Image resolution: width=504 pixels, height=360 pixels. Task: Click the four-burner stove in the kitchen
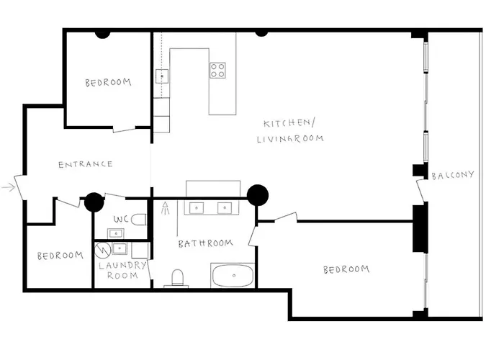click(x=218, y=70)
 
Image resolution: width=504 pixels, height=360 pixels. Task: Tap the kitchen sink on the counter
click(x=163, y=75)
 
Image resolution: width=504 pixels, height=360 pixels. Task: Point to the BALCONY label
click(x=453, y=175)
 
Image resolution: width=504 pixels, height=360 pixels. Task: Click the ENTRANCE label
click(x=85, y=164)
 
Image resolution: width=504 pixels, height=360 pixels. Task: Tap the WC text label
click(x=122, y=218)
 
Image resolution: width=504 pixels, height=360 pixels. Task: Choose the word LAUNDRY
click(x=122, y=265)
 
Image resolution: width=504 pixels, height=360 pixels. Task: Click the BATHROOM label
click(x=206, y=243)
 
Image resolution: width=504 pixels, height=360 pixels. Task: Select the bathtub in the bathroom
click(x=232, y=276)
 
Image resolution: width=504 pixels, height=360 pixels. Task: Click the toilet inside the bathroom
click(x=177, y=278)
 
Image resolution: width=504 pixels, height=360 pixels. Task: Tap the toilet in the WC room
click(x=140, y=220)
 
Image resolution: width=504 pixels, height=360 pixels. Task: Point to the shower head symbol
click(x=166, y=210)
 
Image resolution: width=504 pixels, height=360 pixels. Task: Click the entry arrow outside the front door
click(x=9, y=187)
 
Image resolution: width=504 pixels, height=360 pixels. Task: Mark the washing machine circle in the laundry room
click(x=103, y=250)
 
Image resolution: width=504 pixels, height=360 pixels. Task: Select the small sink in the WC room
click(x=114, y=233)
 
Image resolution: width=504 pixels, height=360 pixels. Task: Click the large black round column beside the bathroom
click(x=257, y=195)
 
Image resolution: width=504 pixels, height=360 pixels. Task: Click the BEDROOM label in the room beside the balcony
click(x=346, y=269)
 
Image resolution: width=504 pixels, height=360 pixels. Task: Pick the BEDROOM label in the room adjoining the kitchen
click(x=108, y=83)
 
